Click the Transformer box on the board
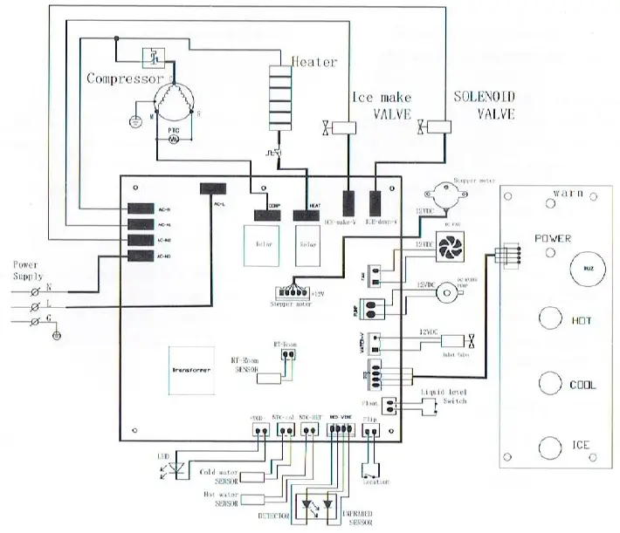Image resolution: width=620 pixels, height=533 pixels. coord(188,370)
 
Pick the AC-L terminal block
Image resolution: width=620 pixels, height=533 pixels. coord(212,188)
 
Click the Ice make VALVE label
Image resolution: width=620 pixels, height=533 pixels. coord(381,106)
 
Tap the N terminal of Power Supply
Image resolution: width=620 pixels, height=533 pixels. coord(37,287)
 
